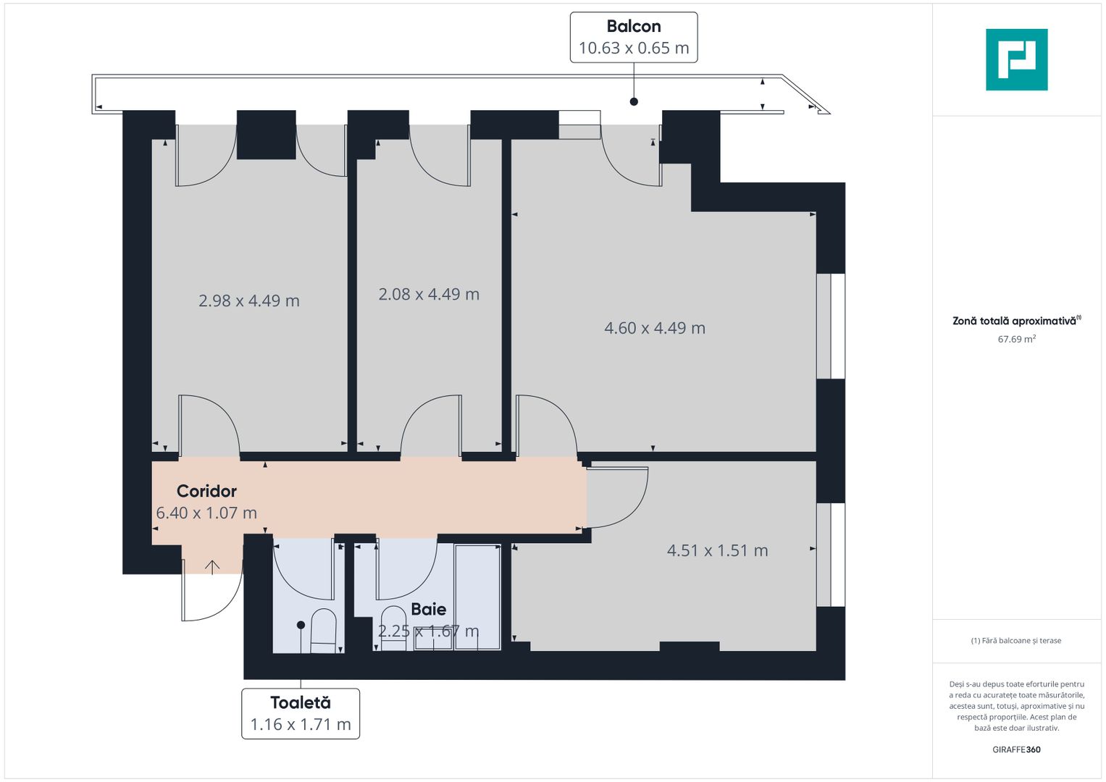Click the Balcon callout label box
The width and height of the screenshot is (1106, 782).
[x=634, y=38]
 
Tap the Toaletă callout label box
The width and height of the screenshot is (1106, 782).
[x=301, y=714]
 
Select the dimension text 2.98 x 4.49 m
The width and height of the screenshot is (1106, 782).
[x=249, y=300]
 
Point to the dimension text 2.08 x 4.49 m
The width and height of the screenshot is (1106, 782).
[x=429, y=294]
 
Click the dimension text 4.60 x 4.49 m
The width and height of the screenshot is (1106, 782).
[x=655, y=328]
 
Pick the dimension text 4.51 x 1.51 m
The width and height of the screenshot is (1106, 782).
[x=717, y=550]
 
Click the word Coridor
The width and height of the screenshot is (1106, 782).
[x=206, y=491]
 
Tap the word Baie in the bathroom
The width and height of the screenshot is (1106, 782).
[x=429, y=609]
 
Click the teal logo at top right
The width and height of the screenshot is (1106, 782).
[x=1016, y=59]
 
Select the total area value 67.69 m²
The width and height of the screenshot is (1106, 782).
[x=1016, y=339]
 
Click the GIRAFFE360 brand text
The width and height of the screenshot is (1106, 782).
[x=1016, y=749]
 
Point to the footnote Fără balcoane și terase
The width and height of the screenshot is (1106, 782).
[x=1016, y=641]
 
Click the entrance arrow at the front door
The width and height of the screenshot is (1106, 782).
[x=211, y=567]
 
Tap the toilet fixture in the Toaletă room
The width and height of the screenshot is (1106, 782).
[x=323, y=630]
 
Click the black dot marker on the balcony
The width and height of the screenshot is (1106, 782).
[x=634, y=101]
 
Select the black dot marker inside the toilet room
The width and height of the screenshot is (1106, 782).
[x=301, y=625]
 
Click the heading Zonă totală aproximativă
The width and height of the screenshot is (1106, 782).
[x=1014, y=321]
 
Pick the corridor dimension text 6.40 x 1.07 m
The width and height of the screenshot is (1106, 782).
[x=206, y=513]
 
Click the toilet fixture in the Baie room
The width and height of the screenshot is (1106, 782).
[x=393, y=627]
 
